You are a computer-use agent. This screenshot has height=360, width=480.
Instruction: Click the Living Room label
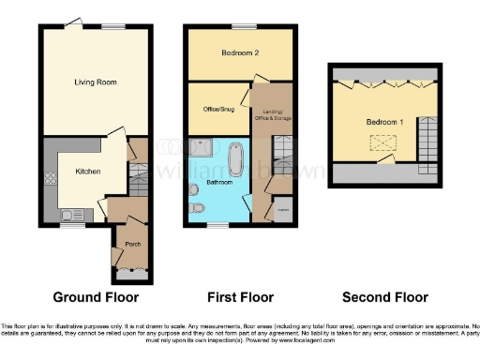95,82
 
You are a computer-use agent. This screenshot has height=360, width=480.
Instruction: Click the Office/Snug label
216,109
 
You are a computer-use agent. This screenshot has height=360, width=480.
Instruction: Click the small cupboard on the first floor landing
281,212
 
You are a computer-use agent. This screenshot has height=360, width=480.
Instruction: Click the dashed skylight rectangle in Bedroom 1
382,142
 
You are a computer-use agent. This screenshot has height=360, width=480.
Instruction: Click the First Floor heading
240,297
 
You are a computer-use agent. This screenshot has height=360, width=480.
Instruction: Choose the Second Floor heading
384,297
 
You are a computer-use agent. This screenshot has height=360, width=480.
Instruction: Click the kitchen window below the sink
72,226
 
